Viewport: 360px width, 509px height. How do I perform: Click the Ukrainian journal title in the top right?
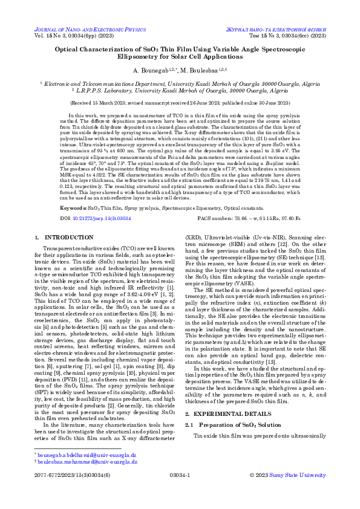pos(285,28)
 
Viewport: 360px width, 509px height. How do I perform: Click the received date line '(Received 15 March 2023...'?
pos(180,103)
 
